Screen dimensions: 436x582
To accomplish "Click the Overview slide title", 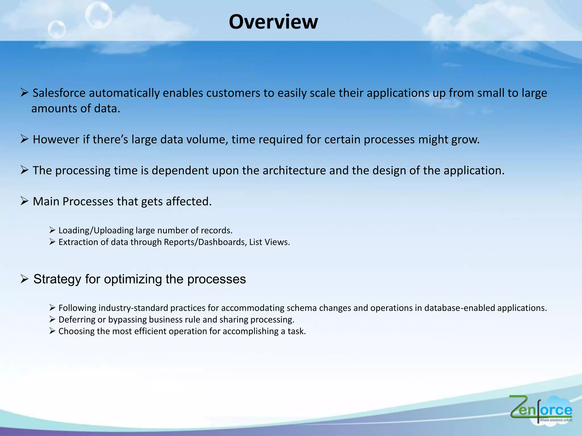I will pos(273,22).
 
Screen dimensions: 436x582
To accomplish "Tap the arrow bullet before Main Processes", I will pos(24,201).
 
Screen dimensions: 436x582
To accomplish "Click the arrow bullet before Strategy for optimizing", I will pos(24,279).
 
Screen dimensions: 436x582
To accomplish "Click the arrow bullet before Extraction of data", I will pos(52,242).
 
